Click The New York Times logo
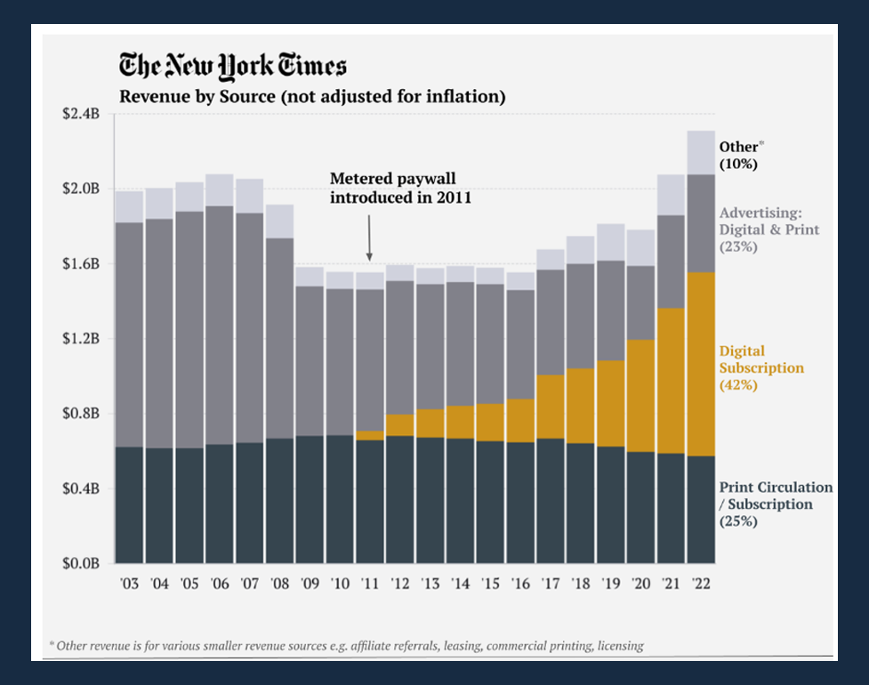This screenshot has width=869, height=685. (233, 66)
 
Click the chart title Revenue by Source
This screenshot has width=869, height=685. (312, 97)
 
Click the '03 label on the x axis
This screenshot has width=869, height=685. (129, 584)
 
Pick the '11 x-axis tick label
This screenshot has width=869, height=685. (370, 584)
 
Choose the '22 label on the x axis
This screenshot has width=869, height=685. (700, 584)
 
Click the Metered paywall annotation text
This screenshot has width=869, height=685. (400, 187)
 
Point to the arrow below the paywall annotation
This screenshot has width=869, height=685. (369, 242)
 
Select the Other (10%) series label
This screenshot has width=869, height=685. (742, 155)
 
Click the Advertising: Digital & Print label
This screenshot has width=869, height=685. (769, 230)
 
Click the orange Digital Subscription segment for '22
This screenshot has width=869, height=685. (700, 365)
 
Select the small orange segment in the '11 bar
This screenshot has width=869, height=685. (370, 435)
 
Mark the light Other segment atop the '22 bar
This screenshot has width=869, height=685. (700, 152)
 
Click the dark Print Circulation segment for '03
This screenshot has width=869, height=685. (129, 504)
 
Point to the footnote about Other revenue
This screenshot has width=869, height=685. (346, 645)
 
